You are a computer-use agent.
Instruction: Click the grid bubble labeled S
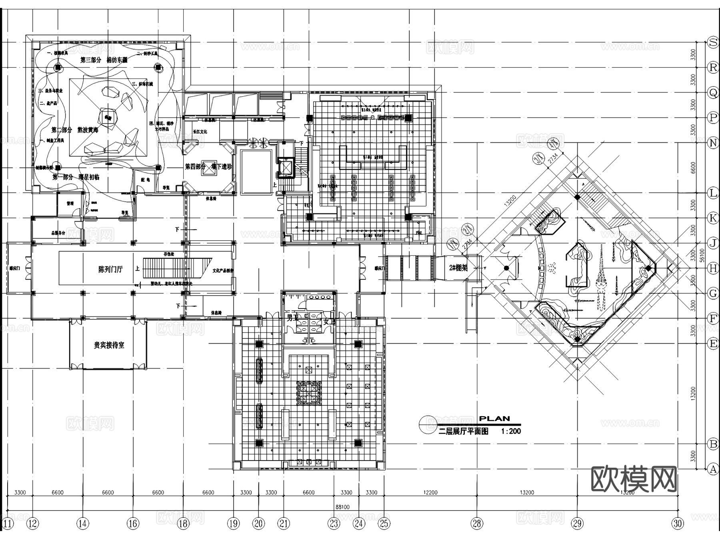pyautogui.click(x=713, y=42)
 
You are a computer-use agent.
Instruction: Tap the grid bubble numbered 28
pyautogui.click(x=477, y=523)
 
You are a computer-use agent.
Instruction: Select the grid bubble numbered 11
pyautogui.click(x=8, y=523)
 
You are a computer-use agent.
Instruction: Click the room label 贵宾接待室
pyautogui.click(x=109, y=345)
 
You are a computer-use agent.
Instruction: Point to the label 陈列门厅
pyautogui.click(x=110, y=269)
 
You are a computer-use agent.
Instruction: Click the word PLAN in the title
pyautogui.click(x=494, y=419)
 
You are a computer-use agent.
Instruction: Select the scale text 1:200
pyautogui.click(x=511, y=431)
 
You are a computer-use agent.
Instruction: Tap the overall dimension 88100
pyautogui.click(x=342, y=507)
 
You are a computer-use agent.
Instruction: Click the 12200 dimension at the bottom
pyautogui.click(x=430, y=493)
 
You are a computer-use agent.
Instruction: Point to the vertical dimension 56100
pyautogui.click(x=702, y=255)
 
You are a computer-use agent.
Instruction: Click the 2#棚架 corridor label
pyautogui.click(x=458, y=268)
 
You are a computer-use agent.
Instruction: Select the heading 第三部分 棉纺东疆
pyautogui.click(x=104, y=60)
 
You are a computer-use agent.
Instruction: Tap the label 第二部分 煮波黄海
pyautogui.click(x=75, y=130)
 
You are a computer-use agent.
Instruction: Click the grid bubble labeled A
pyautogui.click(x=713, y=469)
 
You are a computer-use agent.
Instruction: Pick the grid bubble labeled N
pyautogui.click(x=713, y=142)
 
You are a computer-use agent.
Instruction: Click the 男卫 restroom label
pyautogui.click(x=292, y=318)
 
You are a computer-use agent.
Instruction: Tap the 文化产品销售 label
pyautogui.click(x=223, y=271)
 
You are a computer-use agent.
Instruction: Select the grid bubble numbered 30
pyautogui.click(x=678, y=523)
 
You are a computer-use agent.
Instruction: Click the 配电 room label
pyautogui.click(x=145, y=180)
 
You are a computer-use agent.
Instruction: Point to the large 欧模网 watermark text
pyautogui.click(x=634, y=479)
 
